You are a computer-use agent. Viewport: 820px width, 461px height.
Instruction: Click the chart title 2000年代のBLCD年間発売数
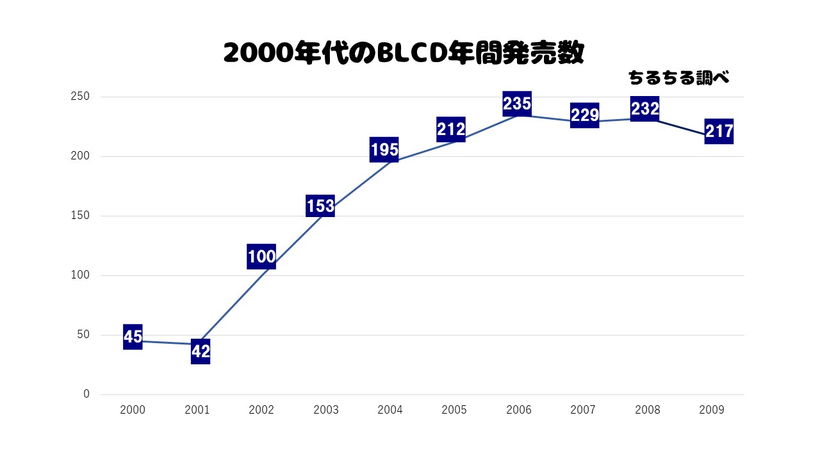[404, 53]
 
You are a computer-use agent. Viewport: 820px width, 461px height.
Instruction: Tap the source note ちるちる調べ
[679, 78]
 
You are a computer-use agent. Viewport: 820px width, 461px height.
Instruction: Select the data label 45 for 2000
[133, 337]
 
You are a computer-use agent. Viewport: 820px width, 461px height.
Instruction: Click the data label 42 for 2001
[201, 352]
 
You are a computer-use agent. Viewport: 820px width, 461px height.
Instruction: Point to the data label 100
[261, 257]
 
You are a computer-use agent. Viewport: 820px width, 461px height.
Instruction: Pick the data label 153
[320, 206]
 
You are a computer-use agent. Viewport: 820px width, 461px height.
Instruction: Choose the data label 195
[384, 150]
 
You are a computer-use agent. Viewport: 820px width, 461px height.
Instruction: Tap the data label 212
[451, 129]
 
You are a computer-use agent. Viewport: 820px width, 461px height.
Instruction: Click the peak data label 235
[517, 103]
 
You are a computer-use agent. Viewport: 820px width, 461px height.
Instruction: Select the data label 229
[585, 115]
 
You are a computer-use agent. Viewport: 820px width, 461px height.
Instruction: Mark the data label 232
[645, 109]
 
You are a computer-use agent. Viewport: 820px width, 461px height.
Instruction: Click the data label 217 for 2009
[719, 131]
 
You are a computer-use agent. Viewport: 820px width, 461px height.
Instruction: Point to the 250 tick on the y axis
[85, 97]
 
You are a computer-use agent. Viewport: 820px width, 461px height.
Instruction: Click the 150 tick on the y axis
[85, 216]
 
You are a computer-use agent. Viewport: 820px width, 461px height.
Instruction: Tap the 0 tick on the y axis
[86, 394]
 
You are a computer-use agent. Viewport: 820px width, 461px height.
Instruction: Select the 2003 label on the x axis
[326, 410]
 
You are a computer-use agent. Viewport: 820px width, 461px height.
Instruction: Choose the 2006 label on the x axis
[519, 410]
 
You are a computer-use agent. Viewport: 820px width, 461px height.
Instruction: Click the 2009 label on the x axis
[712, 410]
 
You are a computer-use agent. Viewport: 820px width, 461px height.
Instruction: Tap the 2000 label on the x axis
[133, 410]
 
